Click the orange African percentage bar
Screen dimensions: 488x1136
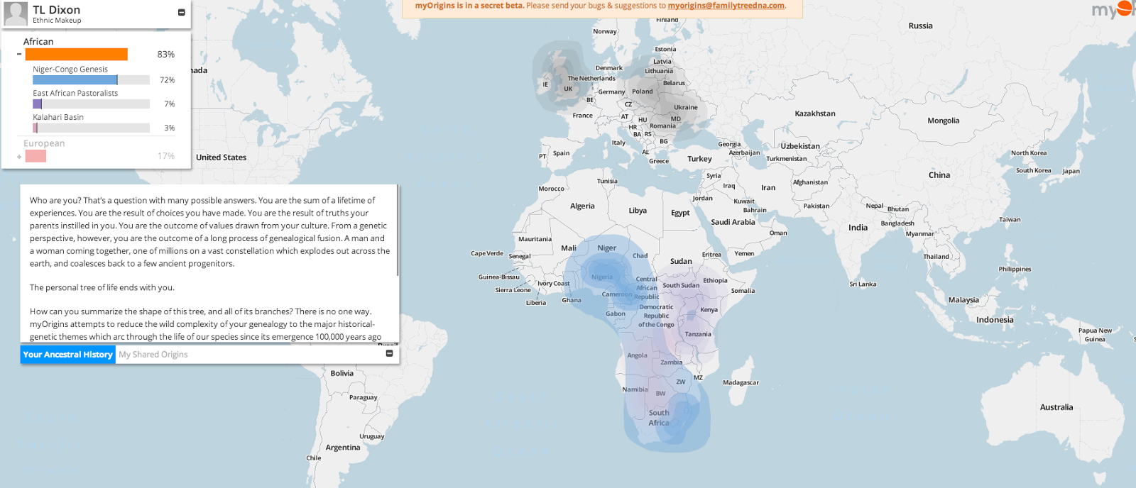[x=76, y=55]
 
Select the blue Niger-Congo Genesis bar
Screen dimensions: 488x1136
[x=75, y=80]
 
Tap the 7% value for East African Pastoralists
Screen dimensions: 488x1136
[x=169, y=104]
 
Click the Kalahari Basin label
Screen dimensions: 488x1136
[x=58, y=118]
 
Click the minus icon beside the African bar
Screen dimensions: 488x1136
[x=19, y=55]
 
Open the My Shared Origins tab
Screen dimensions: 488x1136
[x=153, y=355]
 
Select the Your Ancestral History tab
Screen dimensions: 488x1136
[x=68, y=355]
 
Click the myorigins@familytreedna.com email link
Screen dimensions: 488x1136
[x=726, y=6]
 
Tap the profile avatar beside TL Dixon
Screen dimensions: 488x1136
[x=16, y=13]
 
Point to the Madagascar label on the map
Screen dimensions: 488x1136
[x=741, y=383]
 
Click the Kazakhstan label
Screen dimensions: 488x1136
[x=815, y=113]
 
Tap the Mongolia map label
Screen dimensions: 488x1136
[x=943, y=121]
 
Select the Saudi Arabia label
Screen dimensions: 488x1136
[x=733, y=223]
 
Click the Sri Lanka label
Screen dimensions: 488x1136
[x=863, y=284]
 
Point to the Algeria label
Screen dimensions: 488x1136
[x=582, y=206]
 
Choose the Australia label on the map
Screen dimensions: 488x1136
[x=1056, y=408]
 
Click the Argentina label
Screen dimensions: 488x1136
[x=343, y=448]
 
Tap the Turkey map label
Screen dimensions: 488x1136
[x=699, y=159]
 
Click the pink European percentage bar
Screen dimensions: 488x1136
[x=35, y=156]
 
